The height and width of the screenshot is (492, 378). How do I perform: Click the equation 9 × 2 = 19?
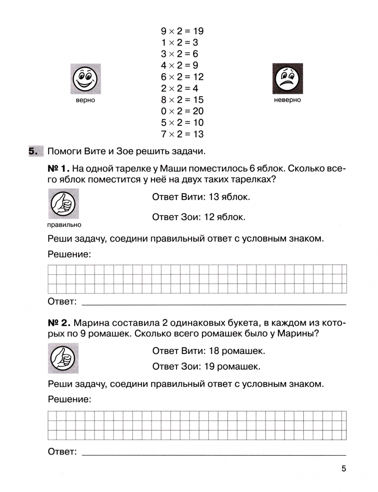click(x=182, y=31)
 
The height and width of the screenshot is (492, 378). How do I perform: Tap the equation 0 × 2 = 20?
click(x=182, y=111)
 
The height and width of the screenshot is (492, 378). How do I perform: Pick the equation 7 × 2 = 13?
click(x=182, y=134)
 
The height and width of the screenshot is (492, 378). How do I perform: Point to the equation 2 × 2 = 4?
click(x=179, y=88)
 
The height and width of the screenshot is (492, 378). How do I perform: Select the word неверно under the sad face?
click(x=287, y=100)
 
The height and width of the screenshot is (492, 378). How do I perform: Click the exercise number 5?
click(x=33, y=151)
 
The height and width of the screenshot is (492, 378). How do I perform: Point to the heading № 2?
click(x=59, y=323)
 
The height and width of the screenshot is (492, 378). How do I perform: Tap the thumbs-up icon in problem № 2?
click(x=63, y=358)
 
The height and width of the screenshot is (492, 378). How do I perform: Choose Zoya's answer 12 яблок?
click(x=199, y=217)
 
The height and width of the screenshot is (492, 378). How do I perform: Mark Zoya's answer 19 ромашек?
click(x=207, y=366)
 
